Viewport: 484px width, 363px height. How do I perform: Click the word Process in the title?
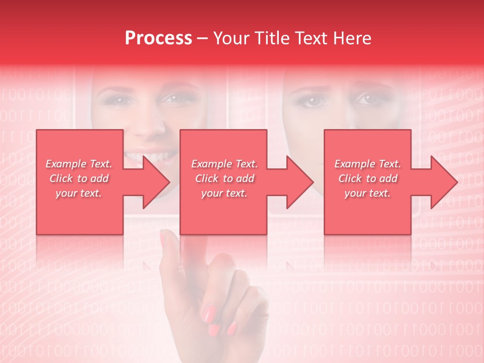158,38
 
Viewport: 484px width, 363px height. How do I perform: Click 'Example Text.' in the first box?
79,164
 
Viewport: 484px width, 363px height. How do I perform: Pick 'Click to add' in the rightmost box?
368,178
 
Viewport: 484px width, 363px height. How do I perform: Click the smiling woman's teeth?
151,156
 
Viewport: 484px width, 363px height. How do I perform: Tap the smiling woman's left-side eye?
119,100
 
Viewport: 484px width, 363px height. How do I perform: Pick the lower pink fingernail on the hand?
231,329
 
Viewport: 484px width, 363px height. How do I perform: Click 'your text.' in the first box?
79,193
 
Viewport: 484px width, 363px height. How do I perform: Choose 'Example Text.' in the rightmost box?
368,164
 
